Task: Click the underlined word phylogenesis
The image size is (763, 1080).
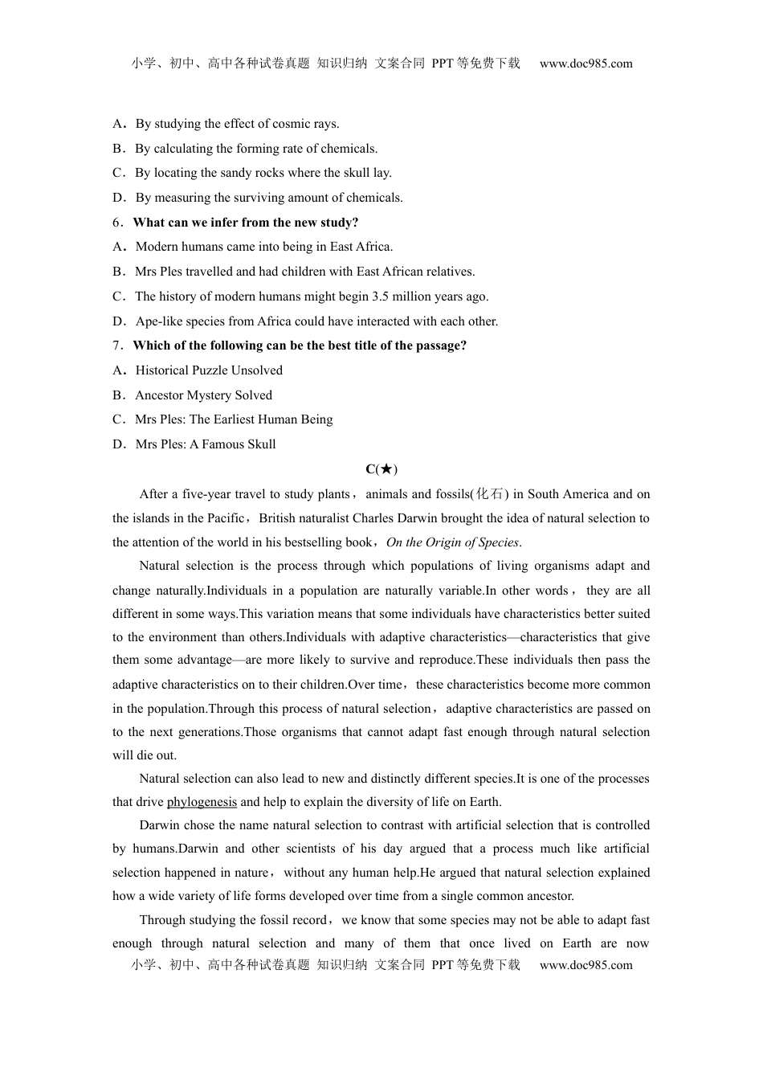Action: coord(202,802)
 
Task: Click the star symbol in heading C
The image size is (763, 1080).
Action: coord(386,469)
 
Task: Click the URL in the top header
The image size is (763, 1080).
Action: coord(586,63)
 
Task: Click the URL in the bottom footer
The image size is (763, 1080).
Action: coord(586,965)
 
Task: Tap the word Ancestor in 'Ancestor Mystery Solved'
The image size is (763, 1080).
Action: coord(159,395)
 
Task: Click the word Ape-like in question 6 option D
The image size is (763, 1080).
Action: coord(158,321)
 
